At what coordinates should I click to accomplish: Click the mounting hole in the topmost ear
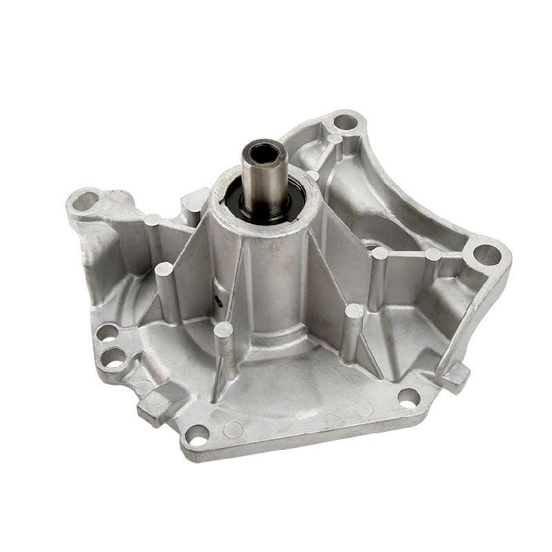coord(345,123)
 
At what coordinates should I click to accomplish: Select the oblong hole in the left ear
coord(85,201)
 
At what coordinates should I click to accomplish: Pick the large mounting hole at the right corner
coord(487,255)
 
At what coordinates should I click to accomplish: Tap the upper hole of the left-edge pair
coord(107,332)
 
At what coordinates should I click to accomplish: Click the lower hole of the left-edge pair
coord(112,357)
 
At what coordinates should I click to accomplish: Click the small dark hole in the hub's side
coord(219,300)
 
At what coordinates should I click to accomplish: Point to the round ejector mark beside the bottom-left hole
coord(233,430)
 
